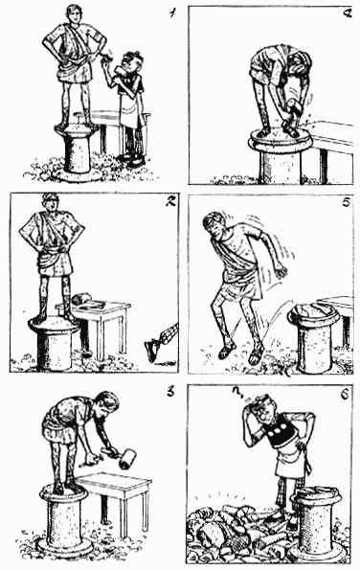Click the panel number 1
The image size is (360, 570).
(171, 13)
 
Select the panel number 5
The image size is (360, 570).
(347, 202)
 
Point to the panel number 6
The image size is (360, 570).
(345, 395)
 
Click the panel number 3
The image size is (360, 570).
(169, 393)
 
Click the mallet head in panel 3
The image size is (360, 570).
(127, 459)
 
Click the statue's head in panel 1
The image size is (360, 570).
(75, 13)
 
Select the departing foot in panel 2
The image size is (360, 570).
(152, 350)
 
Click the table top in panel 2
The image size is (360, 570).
(94, 308)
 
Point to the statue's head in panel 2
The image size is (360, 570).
(51, 202)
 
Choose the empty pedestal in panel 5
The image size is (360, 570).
(314, 336)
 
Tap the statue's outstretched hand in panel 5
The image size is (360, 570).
(281, 271)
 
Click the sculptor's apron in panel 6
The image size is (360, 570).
(291, 458)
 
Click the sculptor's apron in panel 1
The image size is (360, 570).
(131, 109)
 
